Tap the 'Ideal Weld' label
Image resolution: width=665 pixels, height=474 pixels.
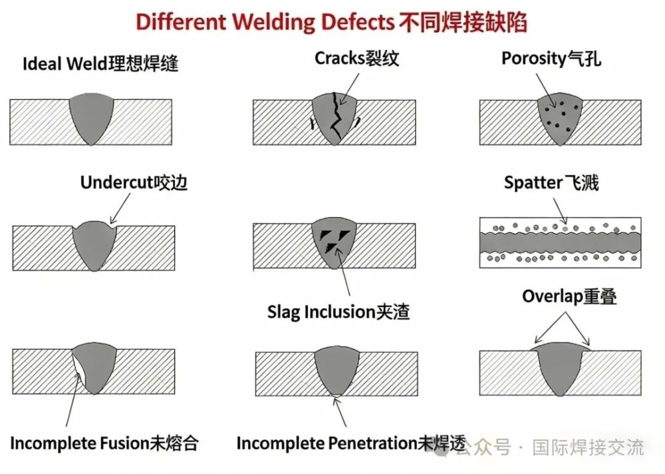click(100, 65)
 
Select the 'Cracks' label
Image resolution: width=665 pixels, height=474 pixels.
click(357, 59)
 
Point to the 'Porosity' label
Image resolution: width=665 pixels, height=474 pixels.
click(551, 59)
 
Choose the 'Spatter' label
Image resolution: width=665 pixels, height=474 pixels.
click(551, 182)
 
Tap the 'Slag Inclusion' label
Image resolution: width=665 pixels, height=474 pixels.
click(338, 311)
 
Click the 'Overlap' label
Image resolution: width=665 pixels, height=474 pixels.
click(569, 296)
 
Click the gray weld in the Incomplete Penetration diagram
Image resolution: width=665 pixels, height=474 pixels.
click(336, 370)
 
